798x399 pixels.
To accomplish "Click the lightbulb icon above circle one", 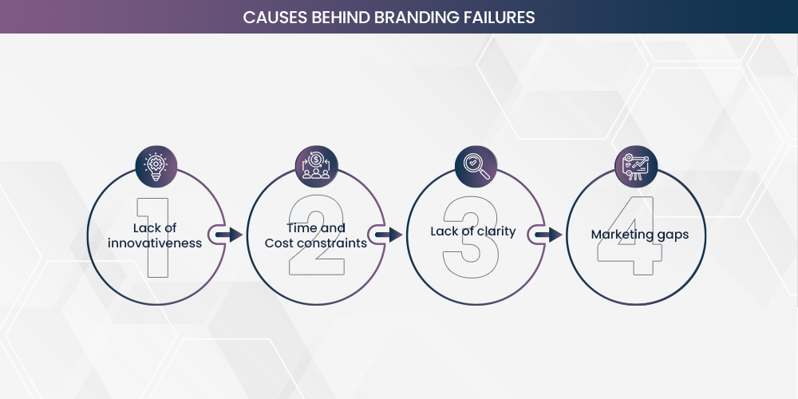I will tap(155, 166).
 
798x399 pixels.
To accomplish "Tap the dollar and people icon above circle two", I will tap(315, 166).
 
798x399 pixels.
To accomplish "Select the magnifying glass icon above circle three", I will tap(475, 166).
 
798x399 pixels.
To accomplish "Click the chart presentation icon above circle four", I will tap(636, 166).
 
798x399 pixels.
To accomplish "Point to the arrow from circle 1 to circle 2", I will tap(230, 235).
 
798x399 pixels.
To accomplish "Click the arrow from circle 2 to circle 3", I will tap(389, 235).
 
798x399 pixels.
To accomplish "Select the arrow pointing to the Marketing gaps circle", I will tap(549, 235).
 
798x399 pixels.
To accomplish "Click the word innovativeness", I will tap(155, 243).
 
